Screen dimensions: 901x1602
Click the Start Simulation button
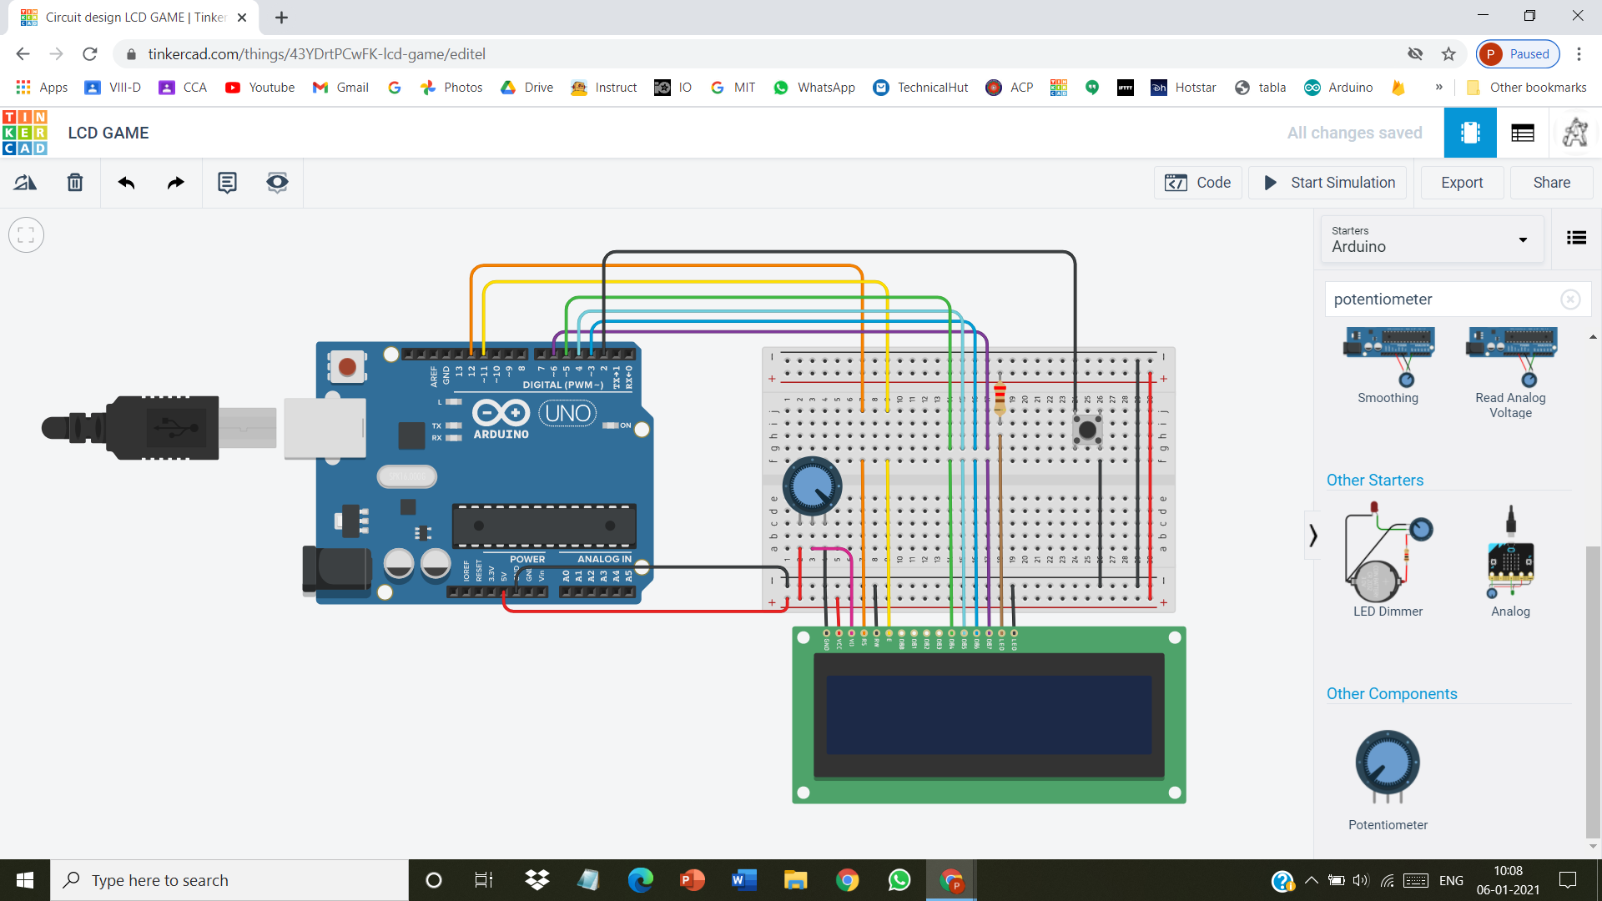(x=1327, y=183)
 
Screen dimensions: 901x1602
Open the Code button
(x=1198, y=183)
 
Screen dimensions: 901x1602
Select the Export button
(x=1462, y=183)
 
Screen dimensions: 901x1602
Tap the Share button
(x=1551, y=183)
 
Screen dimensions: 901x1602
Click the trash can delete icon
(x=75, y=183)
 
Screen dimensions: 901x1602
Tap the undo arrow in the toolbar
(x=126, y=183)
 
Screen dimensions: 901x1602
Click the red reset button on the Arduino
(x=347, y=366)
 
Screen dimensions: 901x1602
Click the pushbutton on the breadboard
(x=1087, y=430)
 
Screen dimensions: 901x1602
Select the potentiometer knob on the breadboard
(x=811, y=486)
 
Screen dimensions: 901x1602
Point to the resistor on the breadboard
(x=1000, y=399)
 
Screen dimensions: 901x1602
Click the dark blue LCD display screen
(x=989, y=715)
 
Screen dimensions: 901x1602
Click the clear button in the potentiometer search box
(x=1569, y=299)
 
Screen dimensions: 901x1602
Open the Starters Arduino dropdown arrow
(x=1523, y=240)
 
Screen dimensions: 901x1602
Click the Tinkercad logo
(x=25, y=133)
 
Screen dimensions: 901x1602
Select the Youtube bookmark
(x=259, y=88)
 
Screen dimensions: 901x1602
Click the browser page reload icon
(x=90, y=54)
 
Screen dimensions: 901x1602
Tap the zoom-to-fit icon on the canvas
(x=26, y=235)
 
